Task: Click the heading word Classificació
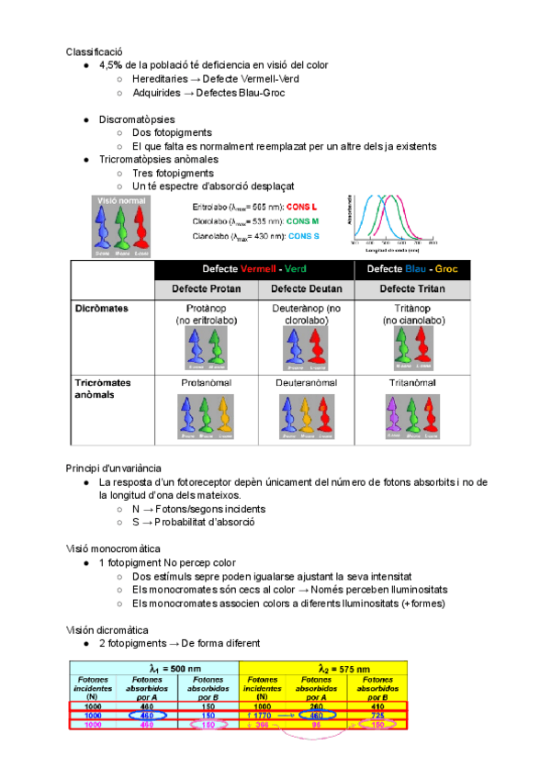pyautogui.click(x=94, y=51)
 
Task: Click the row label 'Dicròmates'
pyautogui.click(x=102, y=309)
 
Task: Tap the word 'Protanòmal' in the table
pyautogui.click(x=206, y=381)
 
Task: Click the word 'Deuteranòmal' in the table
pyautogui.click(x=307, y=381)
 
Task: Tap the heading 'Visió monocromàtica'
pyautogui.click(x=113, y=548)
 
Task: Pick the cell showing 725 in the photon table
pyautogui.click(x=377, y=715)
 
